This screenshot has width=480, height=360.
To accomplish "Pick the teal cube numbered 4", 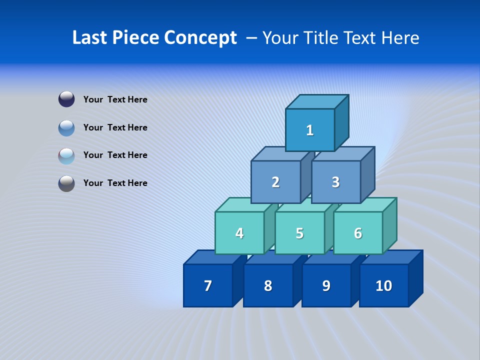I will pos(239,233).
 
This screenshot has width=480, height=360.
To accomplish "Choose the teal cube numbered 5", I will pos(299,233).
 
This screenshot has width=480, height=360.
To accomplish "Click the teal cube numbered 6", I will pos(358,233).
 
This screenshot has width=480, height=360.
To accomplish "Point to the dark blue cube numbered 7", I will pos(208,285).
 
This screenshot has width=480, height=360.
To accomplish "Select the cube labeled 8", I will pos(268,285).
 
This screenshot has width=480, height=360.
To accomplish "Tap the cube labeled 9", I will pos(326,285).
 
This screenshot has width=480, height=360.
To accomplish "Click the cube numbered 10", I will pos(383,285).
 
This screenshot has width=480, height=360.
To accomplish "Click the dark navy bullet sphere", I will pos(66,99).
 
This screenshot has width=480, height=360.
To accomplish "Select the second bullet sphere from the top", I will pos(66,127).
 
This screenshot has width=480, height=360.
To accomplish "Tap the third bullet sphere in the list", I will pos(66,155).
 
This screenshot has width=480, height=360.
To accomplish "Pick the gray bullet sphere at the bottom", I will pos(66,183).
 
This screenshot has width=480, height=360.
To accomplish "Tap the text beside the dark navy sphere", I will pos(115,99).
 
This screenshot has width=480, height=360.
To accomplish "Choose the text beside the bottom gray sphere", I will pos(115,183).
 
